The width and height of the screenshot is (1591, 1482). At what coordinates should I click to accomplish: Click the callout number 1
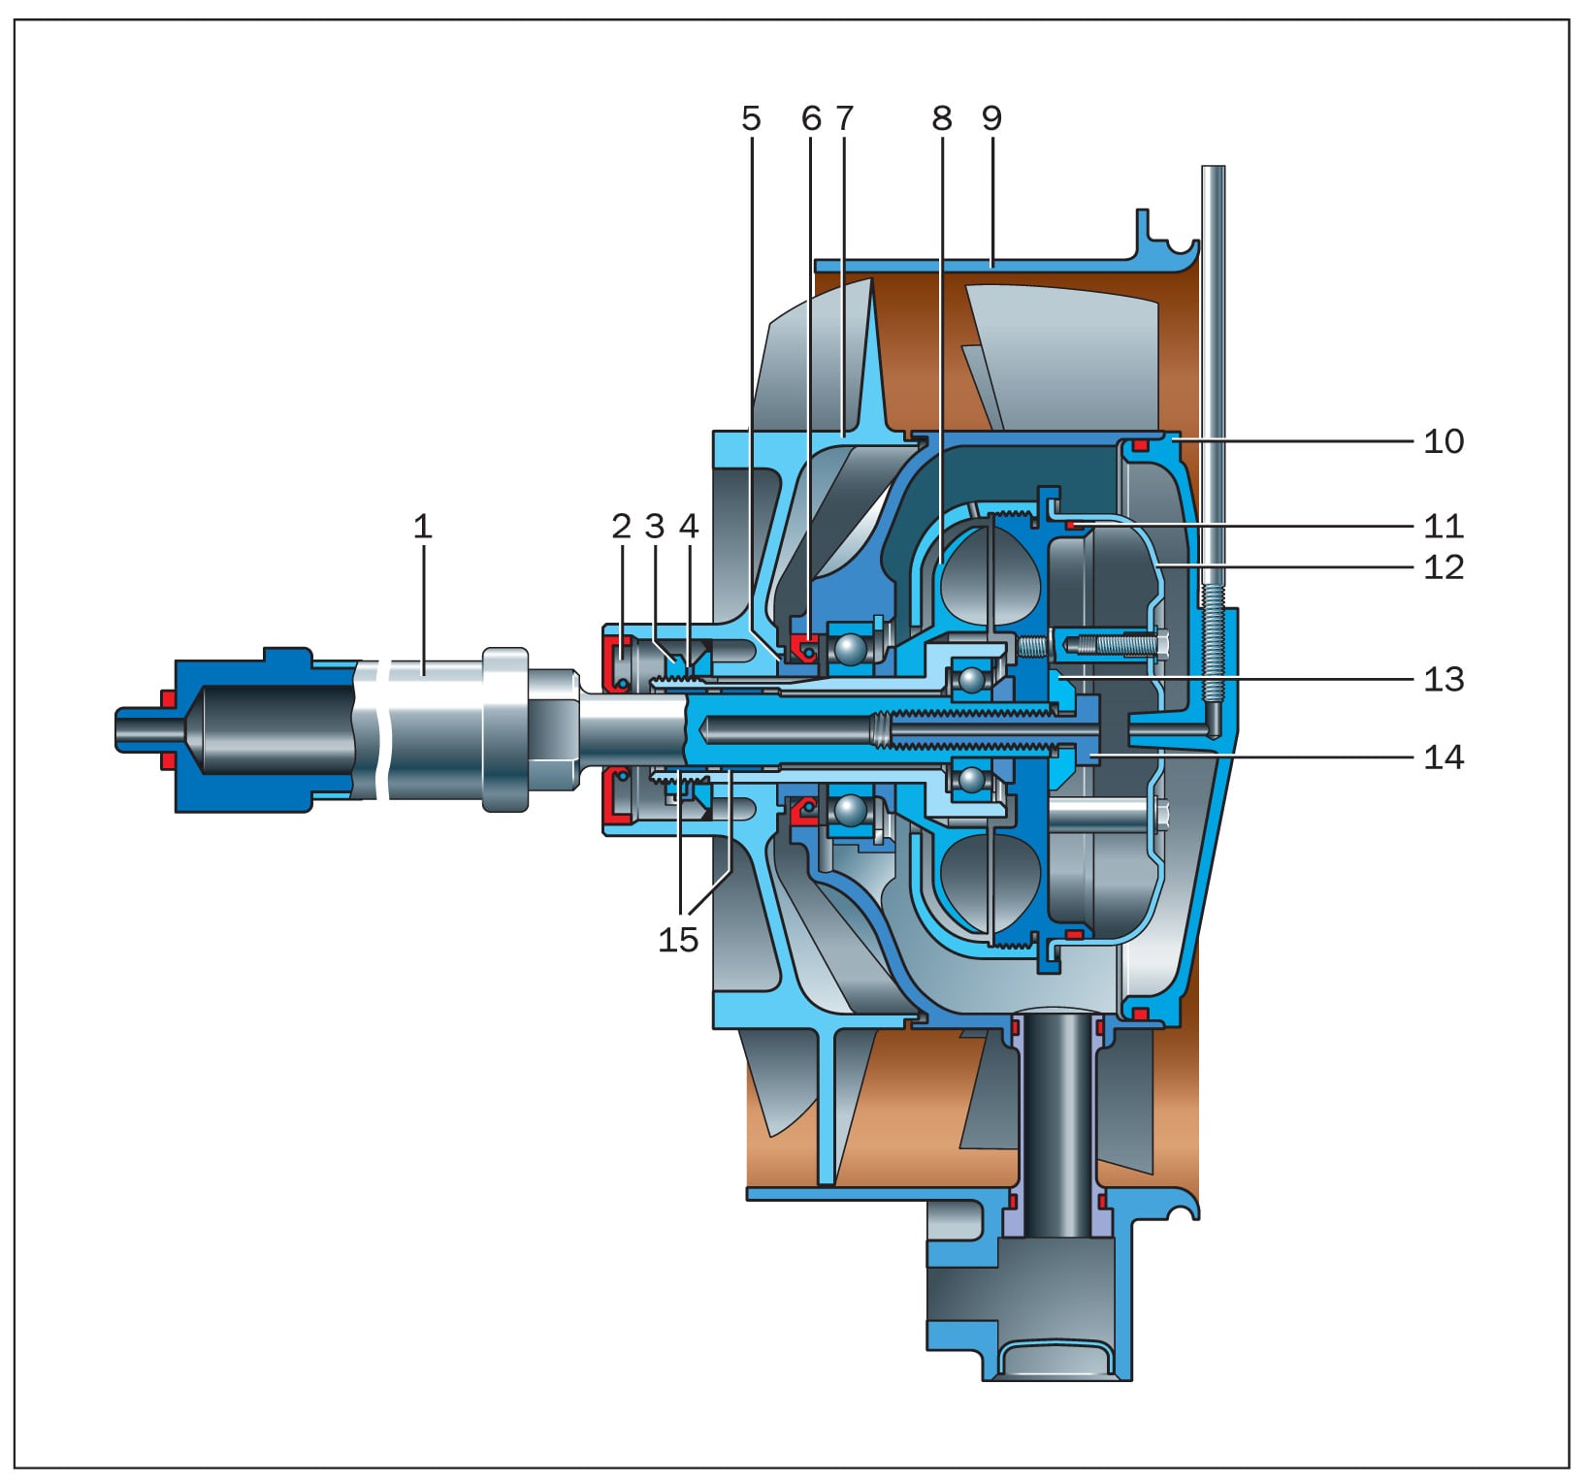422,527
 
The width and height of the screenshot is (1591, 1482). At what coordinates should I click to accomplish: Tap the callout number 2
622,527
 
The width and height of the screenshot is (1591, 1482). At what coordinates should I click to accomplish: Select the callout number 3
655,527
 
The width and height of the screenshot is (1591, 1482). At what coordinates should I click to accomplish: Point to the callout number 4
689,527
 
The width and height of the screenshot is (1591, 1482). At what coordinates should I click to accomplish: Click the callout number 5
751,118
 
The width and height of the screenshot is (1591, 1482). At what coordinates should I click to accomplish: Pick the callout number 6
811,118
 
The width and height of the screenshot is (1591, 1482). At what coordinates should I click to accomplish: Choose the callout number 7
844,118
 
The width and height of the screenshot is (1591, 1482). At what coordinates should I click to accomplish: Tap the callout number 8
942,118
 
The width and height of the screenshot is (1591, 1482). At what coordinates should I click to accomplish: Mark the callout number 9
990,118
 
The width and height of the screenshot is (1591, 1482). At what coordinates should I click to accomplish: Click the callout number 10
1444,441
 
